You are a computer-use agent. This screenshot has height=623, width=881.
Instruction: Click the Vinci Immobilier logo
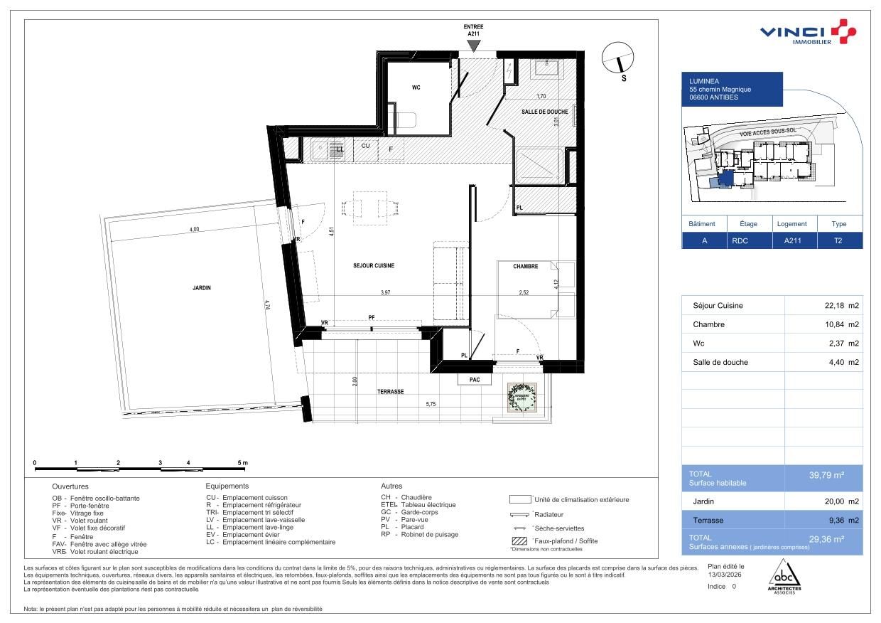point(808,33)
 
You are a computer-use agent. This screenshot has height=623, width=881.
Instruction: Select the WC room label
point(416,88)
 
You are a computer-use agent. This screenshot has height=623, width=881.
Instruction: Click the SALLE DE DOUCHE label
point(544,112)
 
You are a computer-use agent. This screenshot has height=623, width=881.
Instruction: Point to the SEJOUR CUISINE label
point(373,266)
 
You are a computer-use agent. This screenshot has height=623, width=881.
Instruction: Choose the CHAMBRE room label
point(526,267)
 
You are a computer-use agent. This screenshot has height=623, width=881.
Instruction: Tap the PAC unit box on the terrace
point(475,380)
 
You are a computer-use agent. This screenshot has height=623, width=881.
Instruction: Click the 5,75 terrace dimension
point(432,404)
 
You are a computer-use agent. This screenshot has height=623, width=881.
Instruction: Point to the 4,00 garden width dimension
point(194,229)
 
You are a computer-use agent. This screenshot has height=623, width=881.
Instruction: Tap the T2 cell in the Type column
point(838,240)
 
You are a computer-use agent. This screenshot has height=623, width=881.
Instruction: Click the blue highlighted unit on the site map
point(725,179)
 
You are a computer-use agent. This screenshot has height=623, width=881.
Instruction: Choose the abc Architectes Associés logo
point(785,575)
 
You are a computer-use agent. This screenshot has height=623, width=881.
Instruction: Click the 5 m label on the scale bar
point(243,463)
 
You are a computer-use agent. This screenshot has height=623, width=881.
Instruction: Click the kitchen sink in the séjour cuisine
point(323,149)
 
